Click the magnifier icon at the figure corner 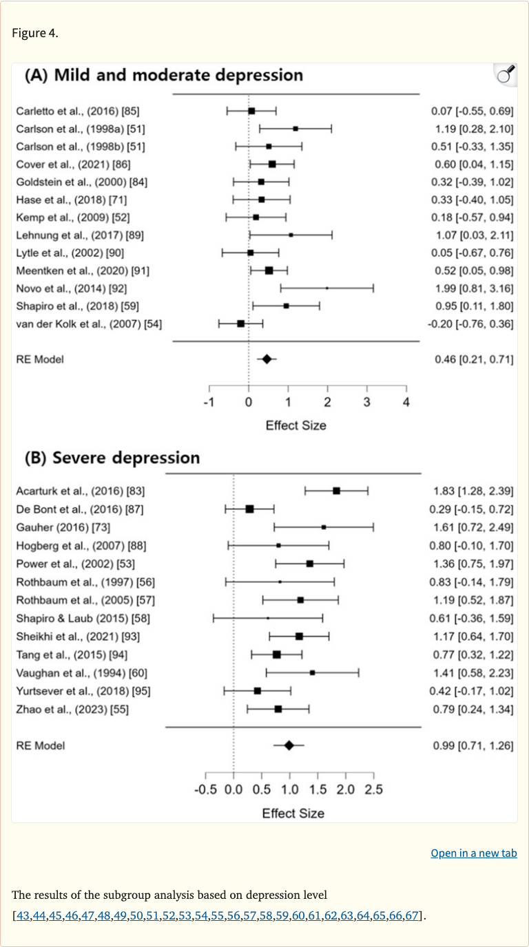pyautogui.click(x=506, y=74)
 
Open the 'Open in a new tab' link pyautogui.click(x=473, y=853)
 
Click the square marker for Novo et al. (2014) pyautogui.click(x=326, y=288)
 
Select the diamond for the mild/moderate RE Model pyautogui.click(x=267, y=359)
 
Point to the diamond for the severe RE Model pyautogui.click(x=289, y=745)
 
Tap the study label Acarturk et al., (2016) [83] pyautogui.click(x=81, y=491)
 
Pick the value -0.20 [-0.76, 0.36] pyautogui.click(x=470, y=323)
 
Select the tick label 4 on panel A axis pyautogui.click(x=406, y=402)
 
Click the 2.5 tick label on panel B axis pyautogui.click(x=373, y=789)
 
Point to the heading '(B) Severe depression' pyautogui.click(x=112, y=458)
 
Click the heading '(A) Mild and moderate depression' pyautogui.click(x=164, y=75)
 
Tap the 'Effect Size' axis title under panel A pyautogui.click(x=295, y=425)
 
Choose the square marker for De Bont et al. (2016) pyautogui.click(x=249, y=509)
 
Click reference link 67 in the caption pyautogui.click(x=411, y=915)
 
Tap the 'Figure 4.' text pyautogui.click(x=35, y=34)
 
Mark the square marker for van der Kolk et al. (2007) pyautogui.click(x=240, y=323)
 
